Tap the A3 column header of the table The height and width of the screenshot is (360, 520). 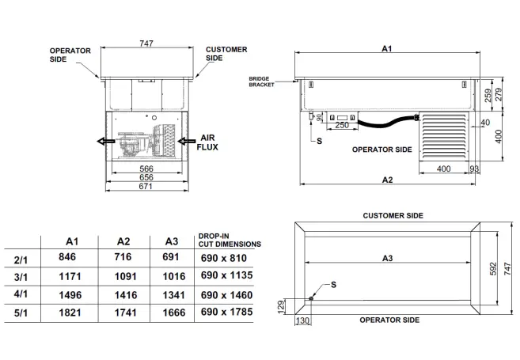coord(170,241)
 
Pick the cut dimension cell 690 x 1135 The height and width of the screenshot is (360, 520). coord(226,275)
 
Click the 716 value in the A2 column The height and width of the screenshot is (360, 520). coord(123,257)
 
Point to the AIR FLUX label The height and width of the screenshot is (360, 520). coord(208,141)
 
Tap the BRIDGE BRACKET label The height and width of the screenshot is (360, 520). coord(261,81)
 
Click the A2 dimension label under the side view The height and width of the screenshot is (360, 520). coord(387,180)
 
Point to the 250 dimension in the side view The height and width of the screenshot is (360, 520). coord(342,125)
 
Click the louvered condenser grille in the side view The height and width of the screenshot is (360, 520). coord(443,136)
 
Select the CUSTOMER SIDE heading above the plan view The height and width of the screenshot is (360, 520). coord(393,215)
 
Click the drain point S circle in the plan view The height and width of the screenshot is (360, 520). coord(312,297)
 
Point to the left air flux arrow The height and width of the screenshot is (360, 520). coord(102,142)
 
